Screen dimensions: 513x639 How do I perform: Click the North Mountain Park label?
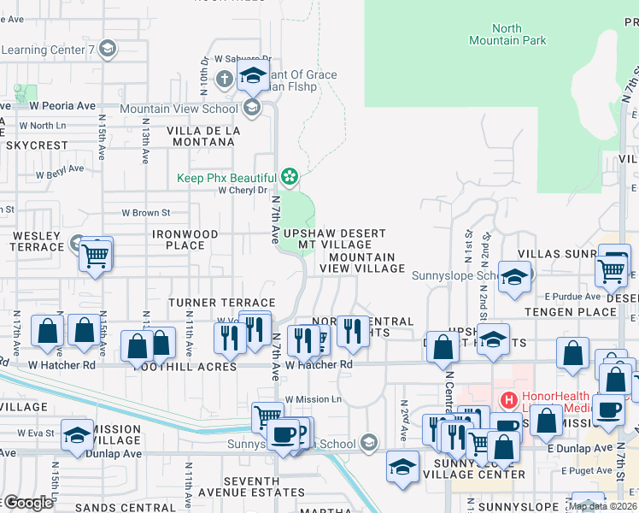[x=507, y=34]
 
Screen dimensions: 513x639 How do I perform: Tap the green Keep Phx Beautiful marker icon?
[x=290, y=177]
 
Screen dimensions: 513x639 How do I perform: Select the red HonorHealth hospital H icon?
[x=509, y=399]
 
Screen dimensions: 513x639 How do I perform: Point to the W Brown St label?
[x=145, y=212]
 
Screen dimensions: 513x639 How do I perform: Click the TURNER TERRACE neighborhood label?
[x=221, y=303]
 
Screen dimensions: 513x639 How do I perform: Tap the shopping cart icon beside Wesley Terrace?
[x=96, y=253]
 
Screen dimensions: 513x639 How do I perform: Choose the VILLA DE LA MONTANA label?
[x=203, y=136]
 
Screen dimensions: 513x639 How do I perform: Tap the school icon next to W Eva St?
[x=77, y=435]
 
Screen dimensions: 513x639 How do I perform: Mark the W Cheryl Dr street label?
[x=243, y=191]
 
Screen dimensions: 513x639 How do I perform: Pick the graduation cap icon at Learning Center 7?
[x=107, y=49]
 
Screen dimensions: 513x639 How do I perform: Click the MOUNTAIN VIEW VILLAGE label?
[x=361, y=262]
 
